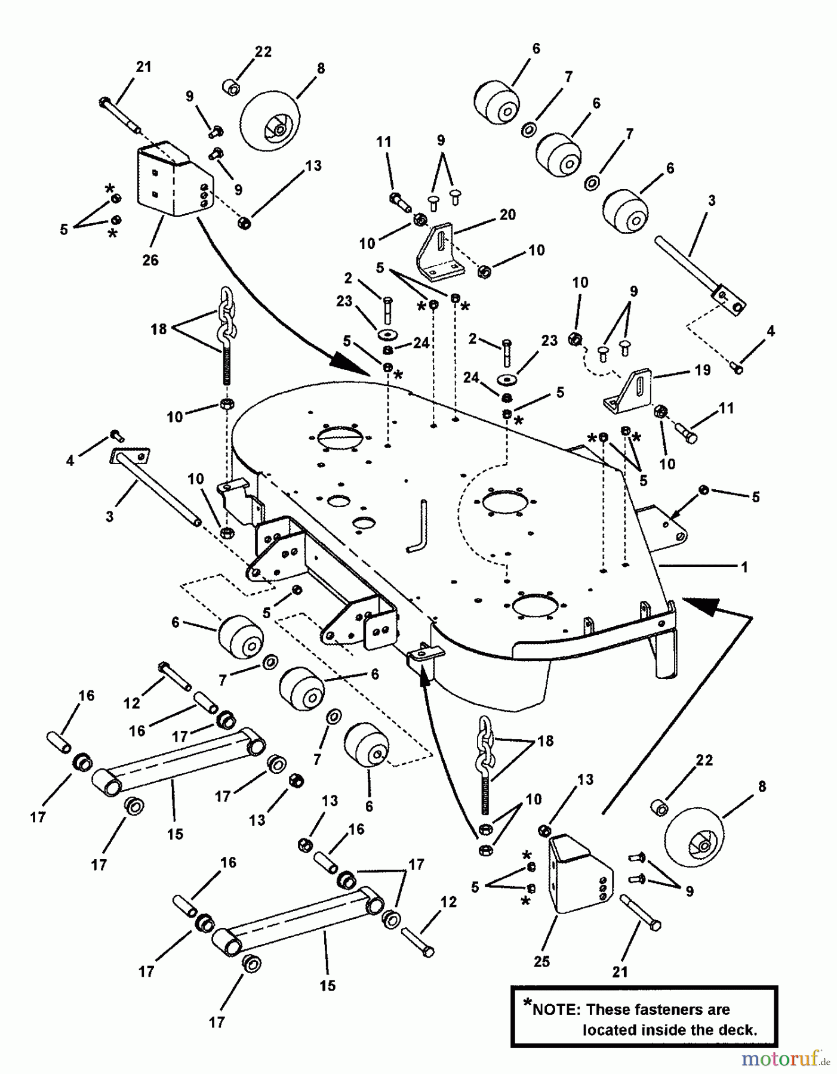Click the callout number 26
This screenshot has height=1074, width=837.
click(x=150, y=260)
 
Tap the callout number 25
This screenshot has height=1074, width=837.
click(x=542, y=961)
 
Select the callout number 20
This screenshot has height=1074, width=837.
click(x=507, y=214)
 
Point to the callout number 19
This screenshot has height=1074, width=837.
click(x=703, y=370)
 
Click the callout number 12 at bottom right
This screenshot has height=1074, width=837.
click(x=448, y=902)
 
